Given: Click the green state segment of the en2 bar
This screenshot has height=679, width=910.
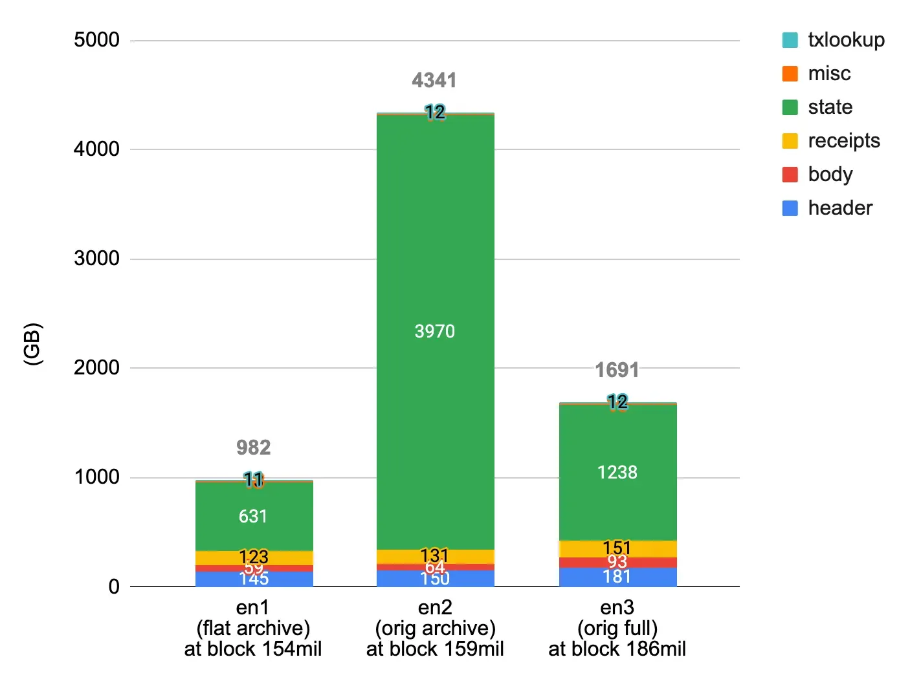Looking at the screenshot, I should point(435,259).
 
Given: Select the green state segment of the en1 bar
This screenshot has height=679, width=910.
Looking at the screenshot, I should point(254,498).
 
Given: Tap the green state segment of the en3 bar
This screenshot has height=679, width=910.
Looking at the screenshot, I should point(617,440).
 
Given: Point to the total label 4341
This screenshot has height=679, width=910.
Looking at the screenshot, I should point(434,80).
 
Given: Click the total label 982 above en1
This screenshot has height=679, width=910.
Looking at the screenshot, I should point(253,447).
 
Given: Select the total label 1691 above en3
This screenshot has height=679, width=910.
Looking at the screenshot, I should point(617,370).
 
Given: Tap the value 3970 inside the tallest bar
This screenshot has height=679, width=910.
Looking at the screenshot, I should point(434,331).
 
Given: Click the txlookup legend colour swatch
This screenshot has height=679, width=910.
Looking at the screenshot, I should point(790,40).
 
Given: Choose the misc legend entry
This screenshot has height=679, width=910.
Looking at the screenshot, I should point(829,74).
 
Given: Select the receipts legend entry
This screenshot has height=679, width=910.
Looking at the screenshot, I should point(843,141).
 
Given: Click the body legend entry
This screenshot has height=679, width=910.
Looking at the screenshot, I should point(830,175).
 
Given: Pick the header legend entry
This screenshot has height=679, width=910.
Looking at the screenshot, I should point(839,208).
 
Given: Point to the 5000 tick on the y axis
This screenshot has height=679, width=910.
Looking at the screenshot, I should point(96,40).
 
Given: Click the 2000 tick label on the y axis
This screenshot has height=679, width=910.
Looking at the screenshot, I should point(96,367).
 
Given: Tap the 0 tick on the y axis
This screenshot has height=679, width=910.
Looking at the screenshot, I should point(114,587).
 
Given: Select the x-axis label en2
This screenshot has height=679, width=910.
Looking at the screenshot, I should point(435,607).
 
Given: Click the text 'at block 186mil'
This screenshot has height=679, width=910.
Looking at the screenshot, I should point(617,649).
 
